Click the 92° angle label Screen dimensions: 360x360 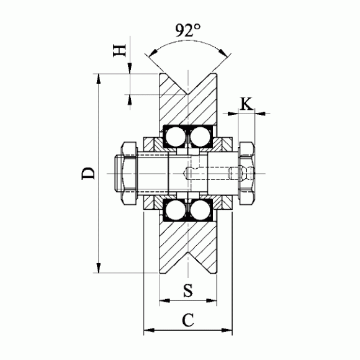coord(188,30)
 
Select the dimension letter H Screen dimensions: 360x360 coord(120,50)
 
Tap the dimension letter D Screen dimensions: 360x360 coord(88,173)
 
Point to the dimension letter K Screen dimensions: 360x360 coord(246,104)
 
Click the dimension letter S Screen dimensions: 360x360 coord(188,290)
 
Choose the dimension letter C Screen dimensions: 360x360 coord(188,320)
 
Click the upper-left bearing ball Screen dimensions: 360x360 coord(176,137)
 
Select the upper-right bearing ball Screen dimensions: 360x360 coord(200,137)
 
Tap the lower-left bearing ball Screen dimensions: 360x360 coord(176,210)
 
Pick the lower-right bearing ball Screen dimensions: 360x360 coord(200,210)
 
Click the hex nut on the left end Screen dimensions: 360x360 coord(129,173)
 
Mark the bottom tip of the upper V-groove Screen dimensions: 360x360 coord(188,94)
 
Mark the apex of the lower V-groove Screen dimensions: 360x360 coord(188,252)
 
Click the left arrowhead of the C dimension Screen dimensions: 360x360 coord(149,330)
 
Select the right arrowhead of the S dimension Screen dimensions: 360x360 coord(212,300)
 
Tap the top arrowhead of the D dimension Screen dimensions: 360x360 coord(99,79)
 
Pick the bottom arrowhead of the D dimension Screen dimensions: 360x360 coord(99,268)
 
